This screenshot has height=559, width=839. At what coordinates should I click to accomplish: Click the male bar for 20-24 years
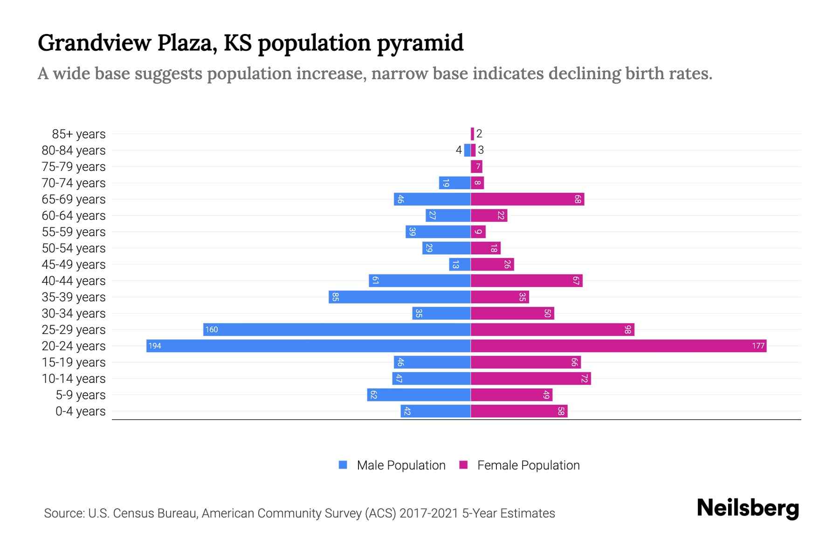[x=308, y=346]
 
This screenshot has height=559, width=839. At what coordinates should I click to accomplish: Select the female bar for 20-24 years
[x=618, y=346]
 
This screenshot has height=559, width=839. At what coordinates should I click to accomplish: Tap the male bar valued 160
[x=337, y=329]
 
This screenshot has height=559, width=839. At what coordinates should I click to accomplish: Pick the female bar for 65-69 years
[x=527, y=199]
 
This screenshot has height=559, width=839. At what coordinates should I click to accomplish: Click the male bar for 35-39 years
[x=399, y=297]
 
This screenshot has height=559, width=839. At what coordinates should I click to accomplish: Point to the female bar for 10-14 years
[x=530, y=378]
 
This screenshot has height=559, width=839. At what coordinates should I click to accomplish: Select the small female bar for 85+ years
[x=472, y=134]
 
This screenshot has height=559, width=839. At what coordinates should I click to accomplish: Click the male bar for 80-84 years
[x=467, y=150]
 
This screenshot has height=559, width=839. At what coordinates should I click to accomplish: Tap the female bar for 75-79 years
[x=476, y=166]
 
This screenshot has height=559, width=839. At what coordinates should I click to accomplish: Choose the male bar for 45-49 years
[x=460, y=264]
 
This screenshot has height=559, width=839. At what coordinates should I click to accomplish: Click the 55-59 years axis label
[x=74, y=232]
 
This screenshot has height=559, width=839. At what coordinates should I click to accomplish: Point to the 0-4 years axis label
[x=80, y=411]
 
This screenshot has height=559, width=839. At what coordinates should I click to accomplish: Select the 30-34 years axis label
[x=74, y=313]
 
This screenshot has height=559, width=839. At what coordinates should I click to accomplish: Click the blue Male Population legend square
[x=343, y=465]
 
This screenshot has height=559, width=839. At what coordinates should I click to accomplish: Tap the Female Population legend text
[x=528, y=465]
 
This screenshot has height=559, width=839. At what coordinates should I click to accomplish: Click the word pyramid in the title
[x=419, y=43]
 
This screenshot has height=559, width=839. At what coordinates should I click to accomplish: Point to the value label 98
[x=627, y=329]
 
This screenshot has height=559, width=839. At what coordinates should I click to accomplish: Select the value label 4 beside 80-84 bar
[x=459, y=150]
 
